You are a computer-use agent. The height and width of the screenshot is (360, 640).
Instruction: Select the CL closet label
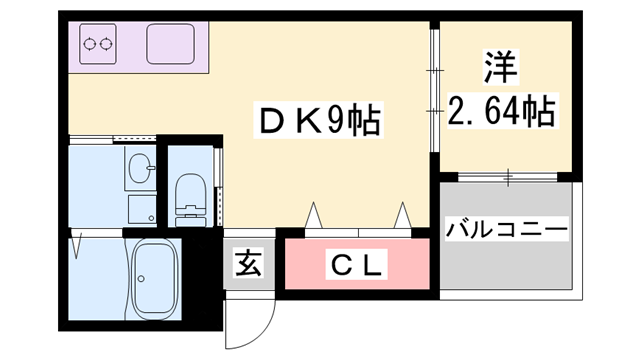pos(357,266)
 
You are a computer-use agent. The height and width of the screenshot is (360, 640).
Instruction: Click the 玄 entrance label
pos(248,265)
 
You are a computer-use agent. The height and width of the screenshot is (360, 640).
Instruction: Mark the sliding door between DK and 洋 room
pos(435,95)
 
